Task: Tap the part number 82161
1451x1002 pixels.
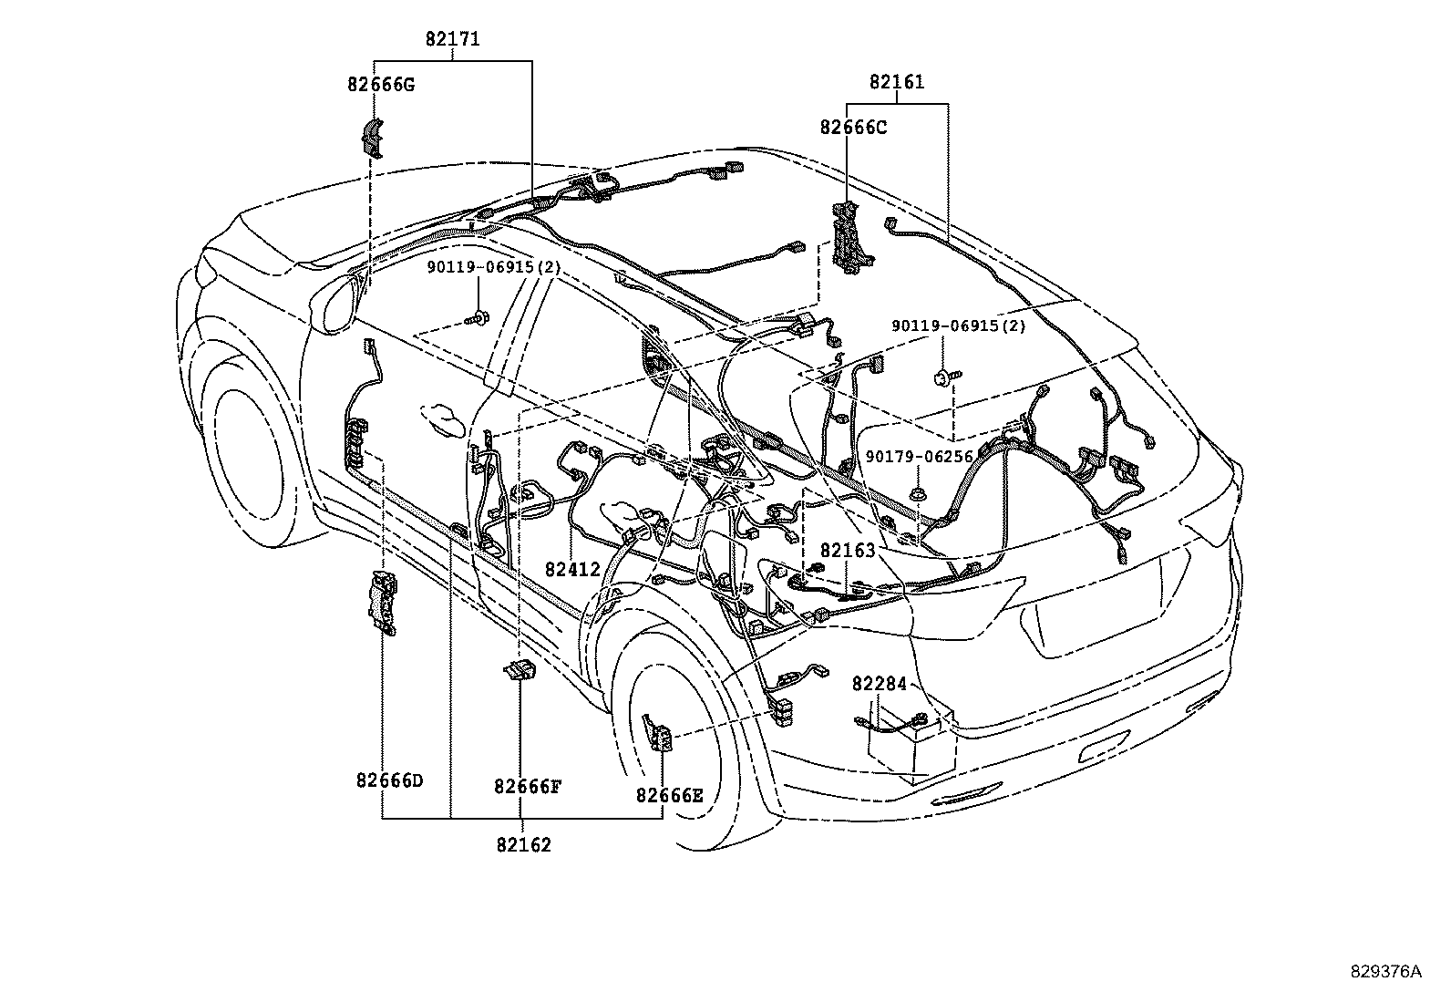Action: point(896,82)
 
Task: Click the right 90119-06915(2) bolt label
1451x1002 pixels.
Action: point(958,325)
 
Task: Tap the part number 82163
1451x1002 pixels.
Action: point(847,551)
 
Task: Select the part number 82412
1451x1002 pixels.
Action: point(572,570)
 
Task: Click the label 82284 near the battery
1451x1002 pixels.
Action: point(880,684)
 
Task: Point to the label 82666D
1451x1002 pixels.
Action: point(389,780)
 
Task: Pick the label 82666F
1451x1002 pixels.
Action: point(527,786)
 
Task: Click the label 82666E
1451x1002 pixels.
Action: point(669,795)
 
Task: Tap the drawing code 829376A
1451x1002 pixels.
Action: point(1385,971)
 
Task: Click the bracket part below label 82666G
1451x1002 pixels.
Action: point(371,137)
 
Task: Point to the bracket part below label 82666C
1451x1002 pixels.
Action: point(851,238)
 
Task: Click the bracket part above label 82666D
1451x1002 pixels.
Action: point(385,602)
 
